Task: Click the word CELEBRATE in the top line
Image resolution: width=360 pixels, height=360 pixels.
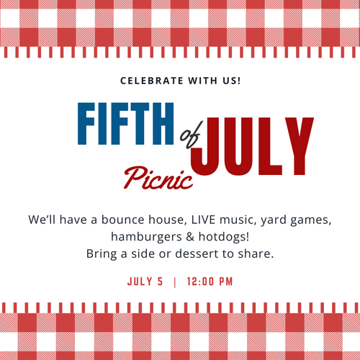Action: pyautogui.click(x=151, y=81)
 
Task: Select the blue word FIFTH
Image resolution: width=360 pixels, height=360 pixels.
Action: pyautogui.click(x=125, y=124)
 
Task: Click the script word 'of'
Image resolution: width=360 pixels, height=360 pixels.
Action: pyautogui.click(x=191, y=135)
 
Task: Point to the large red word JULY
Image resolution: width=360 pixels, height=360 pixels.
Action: pyautogui.click(x=252, y=146)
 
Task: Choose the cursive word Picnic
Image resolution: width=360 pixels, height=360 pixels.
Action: pyautogui.click(x=158, y=178)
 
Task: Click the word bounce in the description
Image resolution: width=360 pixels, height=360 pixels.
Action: pyautogui.click(x=123, y=220)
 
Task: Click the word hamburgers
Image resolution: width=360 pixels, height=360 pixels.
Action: pyautogui.click(x=146, y=237)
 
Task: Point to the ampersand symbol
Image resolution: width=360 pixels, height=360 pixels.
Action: pyautogui.click(x=190, y=237)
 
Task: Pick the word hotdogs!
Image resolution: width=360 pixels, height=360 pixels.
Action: pyautogui.click(x=224, y=237)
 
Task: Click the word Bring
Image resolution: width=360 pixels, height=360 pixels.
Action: pyautogui.click(x=102, y=254)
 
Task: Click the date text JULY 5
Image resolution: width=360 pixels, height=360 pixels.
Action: pyautogui.click(x=145, y=282)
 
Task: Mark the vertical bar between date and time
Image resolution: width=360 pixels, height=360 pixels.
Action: pyautogui.click(x=175, y=282)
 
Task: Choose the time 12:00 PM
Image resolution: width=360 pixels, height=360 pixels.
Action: pyautogui.click(x=210, y=282)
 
